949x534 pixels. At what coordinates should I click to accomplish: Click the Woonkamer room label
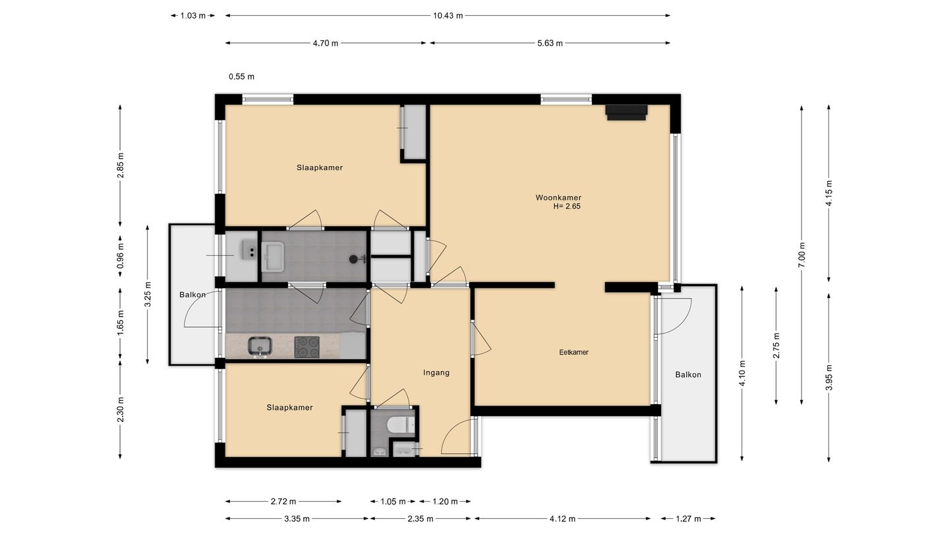tap(558, 198)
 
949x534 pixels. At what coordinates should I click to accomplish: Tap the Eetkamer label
tap(573, 352)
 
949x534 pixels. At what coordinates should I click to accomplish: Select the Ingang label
tap(436, 373)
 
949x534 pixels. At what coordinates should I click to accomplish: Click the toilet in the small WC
tap(401, 425)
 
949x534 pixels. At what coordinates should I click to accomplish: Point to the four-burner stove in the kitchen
tap(306, 347)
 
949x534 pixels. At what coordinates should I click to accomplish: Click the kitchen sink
tap(260, 347)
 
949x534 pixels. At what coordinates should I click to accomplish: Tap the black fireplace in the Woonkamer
tap(626, 112)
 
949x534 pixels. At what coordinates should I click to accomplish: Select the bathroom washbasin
tap(272, 257)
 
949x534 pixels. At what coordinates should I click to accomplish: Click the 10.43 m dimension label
tap(448, 16)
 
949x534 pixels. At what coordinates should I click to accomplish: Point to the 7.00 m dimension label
tap(801, 254)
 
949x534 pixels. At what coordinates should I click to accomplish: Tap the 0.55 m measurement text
tap(241, 76)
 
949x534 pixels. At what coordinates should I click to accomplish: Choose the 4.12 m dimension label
tap(562, 519)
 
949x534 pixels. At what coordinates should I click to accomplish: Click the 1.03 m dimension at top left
tap(192, 16)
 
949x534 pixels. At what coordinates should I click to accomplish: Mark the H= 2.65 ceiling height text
tap(567, 207)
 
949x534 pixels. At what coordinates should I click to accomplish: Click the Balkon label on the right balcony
tap(688, 374)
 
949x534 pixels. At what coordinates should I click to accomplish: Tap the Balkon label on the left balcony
tap(192, 295)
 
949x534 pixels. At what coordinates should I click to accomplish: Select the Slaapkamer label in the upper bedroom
tap(320, 168)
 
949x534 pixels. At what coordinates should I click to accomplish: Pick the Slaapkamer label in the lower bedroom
tap(290, 407)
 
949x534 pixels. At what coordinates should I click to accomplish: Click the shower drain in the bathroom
tap(353, 259)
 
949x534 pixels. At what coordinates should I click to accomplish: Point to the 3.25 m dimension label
tap(148, 294)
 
